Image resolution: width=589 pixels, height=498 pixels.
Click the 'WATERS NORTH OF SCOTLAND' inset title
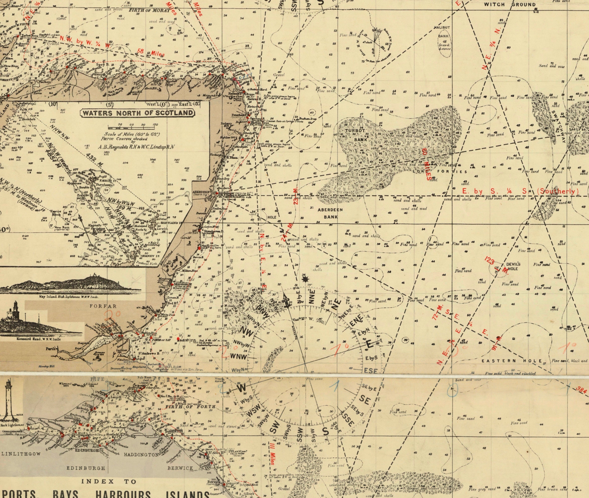point(138,113)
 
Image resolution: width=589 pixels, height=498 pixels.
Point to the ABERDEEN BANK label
point(330,213)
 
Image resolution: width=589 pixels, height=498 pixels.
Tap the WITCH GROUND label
point(510,5)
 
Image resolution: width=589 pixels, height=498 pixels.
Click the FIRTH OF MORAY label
point(149,10)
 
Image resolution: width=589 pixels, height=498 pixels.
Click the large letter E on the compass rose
point(369,344)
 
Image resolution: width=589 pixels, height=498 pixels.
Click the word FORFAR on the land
point(103,306)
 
